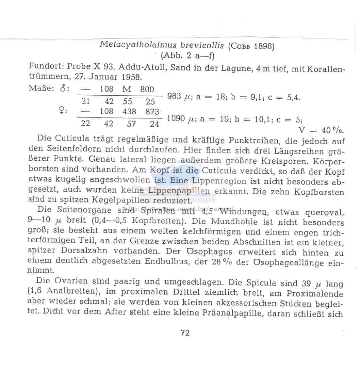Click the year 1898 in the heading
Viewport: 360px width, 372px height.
coord(264,46)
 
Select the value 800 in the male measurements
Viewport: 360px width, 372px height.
coord(147,90)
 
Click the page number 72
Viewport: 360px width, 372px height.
coord(185,333)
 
